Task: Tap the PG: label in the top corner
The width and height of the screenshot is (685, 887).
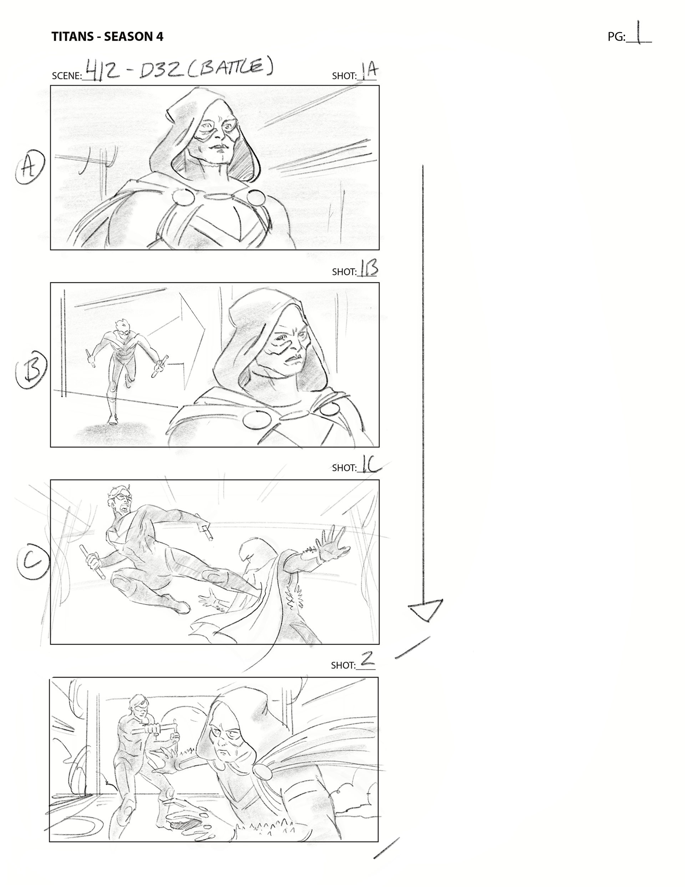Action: [616, 37]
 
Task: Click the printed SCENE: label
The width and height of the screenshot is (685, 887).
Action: [67, 76]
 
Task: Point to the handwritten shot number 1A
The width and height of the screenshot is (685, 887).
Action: [370, 71]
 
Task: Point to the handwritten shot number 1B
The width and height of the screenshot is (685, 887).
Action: [369, 268]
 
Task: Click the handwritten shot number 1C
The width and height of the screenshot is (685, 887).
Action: [370, 466]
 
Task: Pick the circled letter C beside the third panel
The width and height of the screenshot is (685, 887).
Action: [33, 561]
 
